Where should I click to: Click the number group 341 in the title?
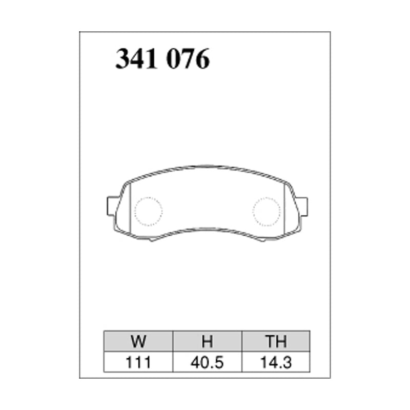135,59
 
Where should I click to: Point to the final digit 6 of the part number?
203,59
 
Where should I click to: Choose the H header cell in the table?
207,341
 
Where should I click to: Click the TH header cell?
276,341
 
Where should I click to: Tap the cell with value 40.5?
207,362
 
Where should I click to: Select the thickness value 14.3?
276,362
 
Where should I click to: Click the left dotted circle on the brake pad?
148,211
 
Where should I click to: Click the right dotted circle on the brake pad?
266,211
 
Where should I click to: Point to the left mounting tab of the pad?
111,206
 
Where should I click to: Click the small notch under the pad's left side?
152,239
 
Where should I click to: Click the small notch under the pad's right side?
262,239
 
